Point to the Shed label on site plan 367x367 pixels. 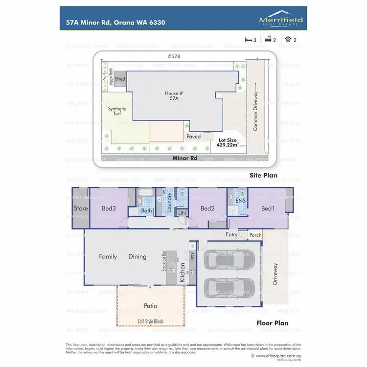[120, 79]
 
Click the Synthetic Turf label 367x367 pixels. [117, 111]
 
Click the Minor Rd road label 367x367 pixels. [184, 158]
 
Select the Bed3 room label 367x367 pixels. [108, 208]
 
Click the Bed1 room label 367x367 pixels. [268, 208]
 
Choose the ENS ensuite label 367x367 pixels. [240, 201]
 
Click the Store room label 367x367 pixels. [81, 208]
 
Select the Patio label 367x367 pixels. [151, 306]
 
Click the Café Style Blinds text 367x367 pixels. [151, 321]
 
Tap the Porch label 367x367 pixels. [255, 235]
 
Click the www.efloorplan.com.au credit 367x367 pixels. [279, 356]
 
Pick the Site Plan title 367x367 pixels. [264, 175]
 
